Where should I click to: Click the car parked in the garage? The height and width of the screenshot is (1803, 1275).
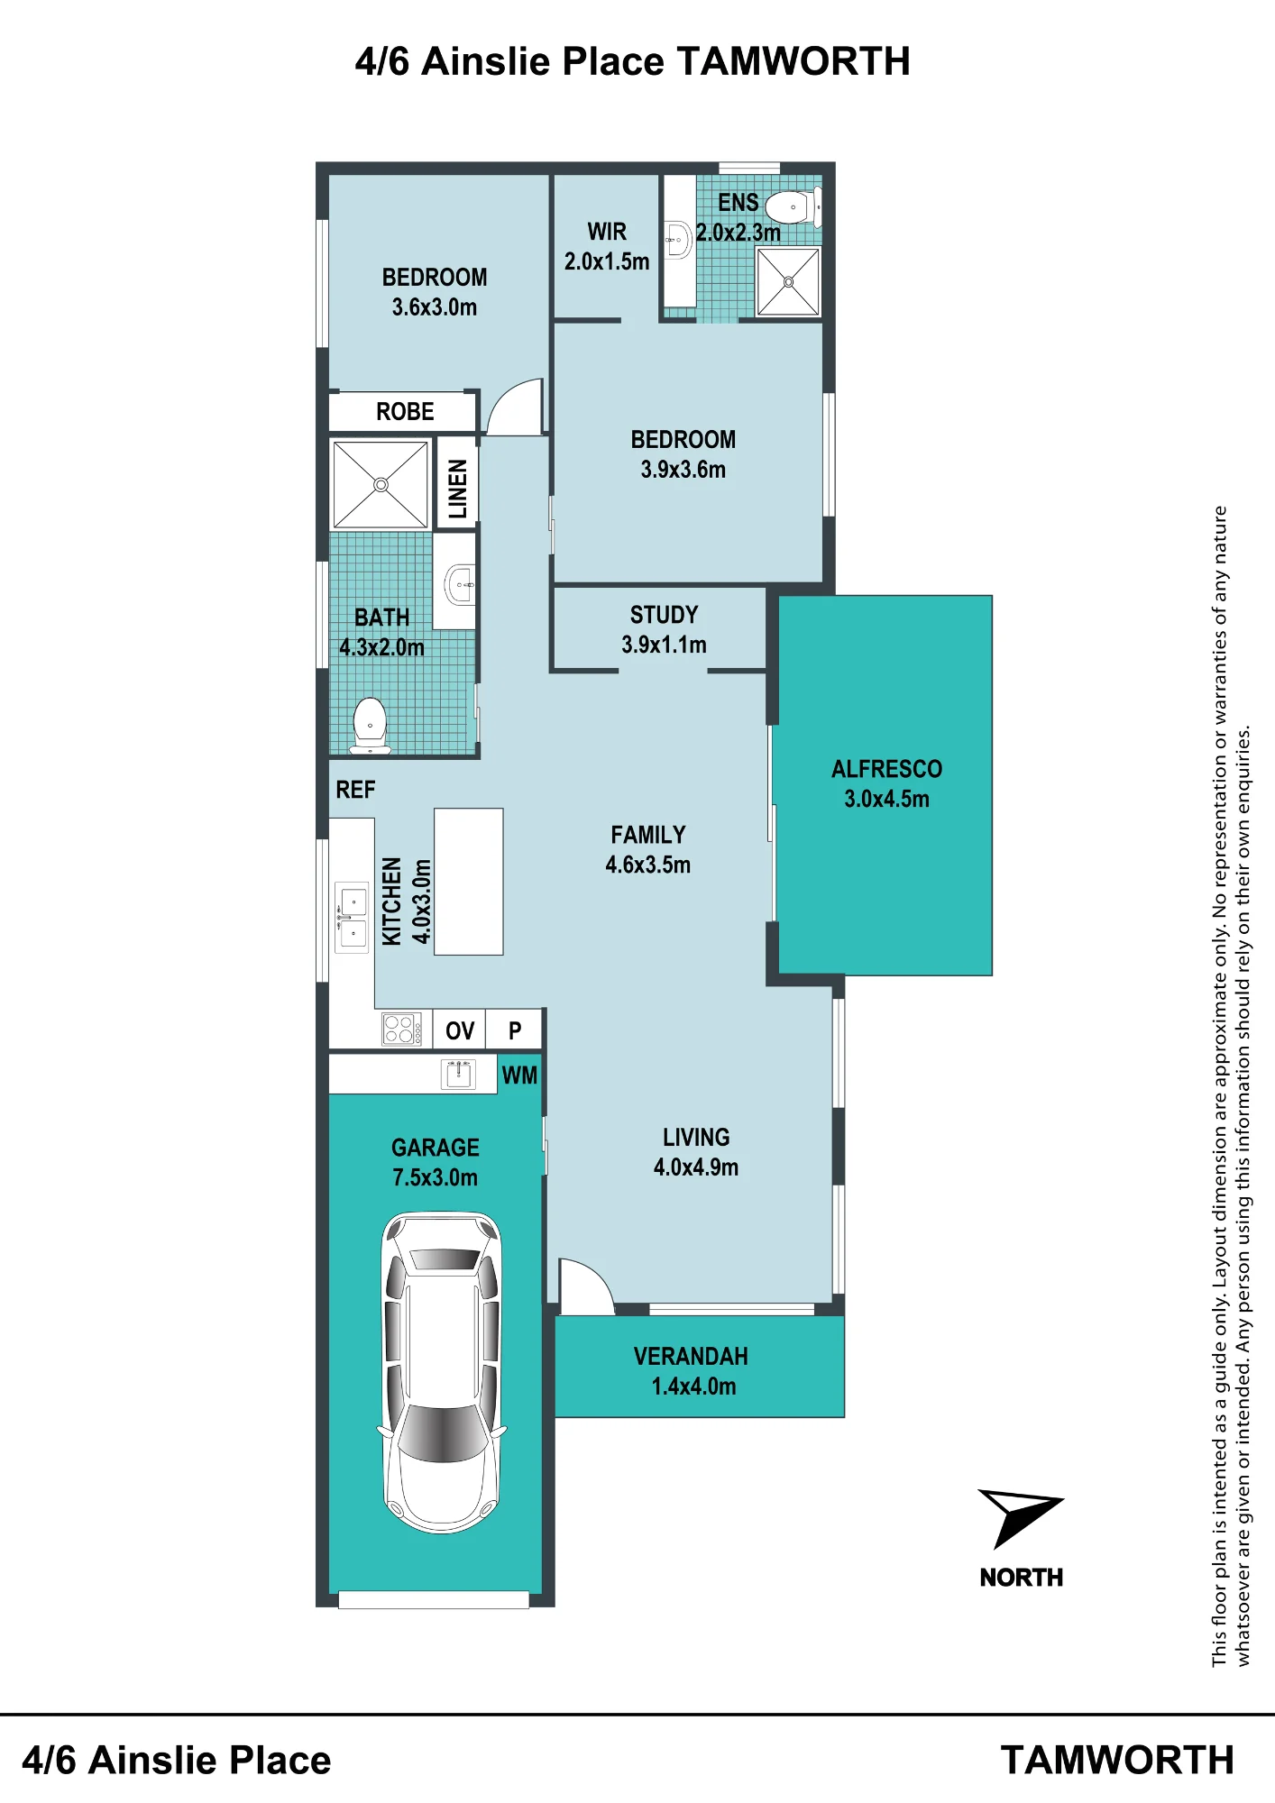coord(442,1371)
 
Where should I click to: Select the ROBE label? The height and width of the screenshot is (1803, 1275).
coord(405,412)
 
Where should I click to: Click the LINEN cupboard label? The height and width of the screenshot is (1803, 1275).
coord(458,489)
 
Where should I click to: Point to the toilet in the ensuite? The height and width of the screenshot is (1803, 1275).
coord(794,207)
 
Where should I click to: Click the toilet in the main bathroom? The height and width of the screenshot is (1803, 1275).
coord(370,725)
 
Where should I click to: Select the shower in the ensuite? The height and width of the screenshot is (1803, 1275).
coord(788,281)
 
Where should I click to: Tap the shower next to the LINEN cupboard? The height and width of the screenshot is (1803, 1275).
coord(381,485)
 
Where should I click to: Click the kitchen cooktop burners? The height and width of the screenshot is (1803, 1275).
coord(402,1029)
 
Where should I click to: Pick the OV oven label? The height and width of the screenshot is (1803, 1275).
coord(460,1030)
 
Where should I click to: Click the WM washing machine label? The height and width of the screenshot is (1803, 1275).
coord(519,1075)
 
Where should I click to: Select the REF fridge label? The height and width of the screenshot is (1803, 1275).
coord(355,790)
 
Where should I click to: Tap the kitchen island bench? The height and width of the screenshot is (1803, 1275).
coord(469,882)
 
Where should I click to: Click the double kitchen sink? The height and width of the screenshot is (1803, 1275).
coord(352,917)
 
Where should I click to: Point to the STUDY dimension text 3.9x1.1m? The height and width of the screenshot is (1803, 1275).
coord(664,645)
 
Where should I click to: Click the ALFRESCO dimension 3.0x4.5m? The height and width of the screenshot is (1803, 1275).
coord(886,799)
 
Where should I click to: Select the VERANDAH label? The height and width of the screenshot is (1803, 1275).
coord(691,1357)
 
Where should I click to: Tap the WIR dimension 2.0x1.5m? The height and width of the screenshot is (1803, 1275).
coord(607,261)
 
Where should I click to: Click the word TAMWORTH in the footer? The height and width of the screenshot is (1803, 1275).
coord(1117,1760)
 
